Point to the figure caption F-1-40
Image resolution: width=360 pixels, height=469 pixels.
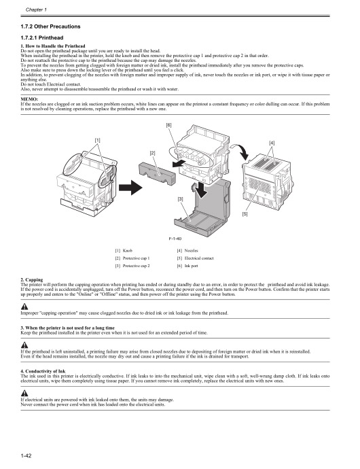[179, 239]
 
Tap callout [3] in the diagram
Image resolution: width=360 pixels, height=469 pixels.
[180, 198]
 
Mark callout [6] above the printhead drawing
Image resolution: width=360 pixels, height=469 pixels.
[168, 125]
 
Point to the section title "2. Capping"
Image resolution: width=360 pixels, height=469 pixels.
[34, 279]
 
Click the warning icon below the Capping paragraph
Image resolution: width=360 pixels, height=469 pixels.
[25, 306]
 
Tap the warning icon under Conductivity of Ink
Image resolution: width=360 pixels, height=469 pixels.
[25, 394]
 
